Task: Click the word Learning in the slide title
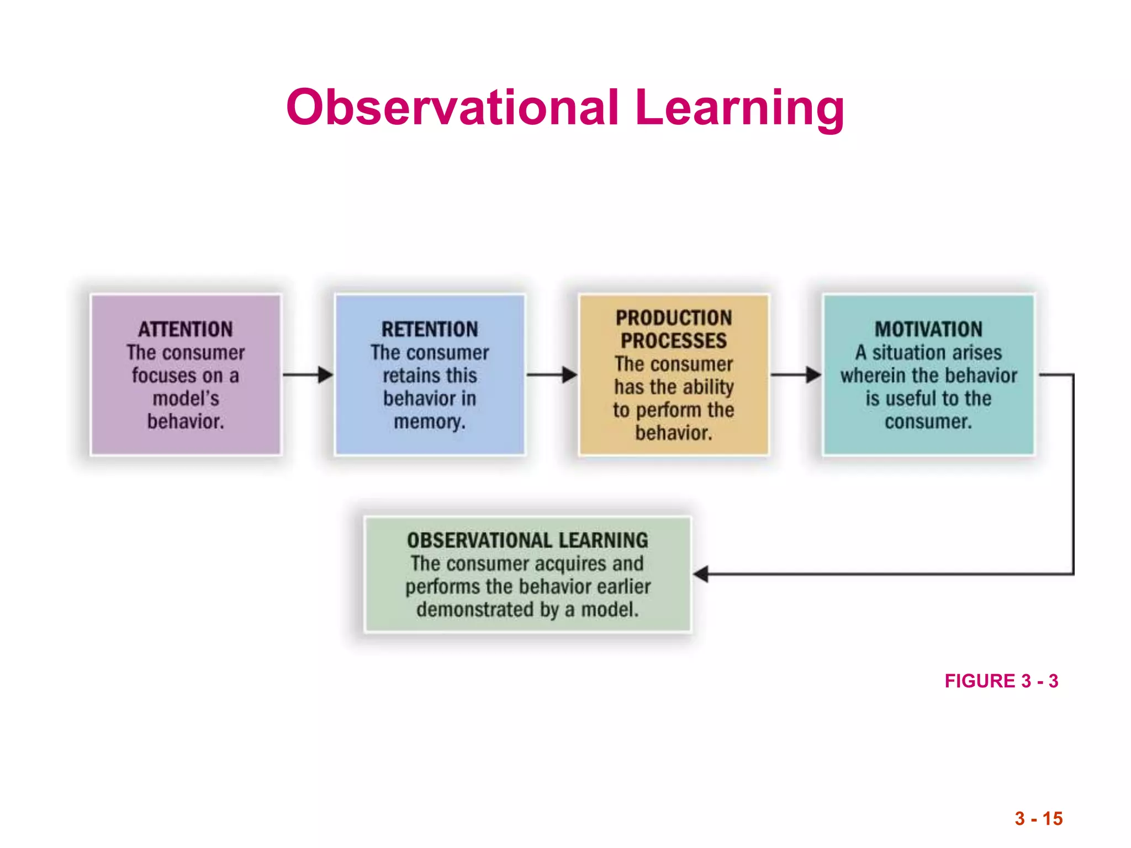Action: pos(739,108)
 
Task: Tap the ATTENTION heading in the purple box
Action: pos(186,330)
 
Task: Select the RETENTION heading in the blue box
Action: pos(430,330)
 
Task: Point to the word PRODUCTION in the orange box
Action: pos(674,318)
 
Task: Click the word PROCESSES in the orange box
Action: pos(674,341)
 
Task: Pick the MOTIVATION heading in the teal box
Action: pos(928,330)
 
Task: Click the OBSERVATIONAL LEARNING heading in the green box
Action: pos(527,540)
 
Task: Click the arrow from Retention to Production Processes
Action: pos(552,375)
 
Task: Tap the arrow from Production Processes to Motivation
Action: pos(796,375)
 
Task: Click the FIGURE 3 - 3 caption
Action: pos(1001,681)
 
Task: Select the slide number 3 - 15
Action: pos(1038,819)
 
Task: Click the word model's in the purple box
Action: pos(186,399)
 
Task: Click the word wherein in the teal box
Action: pos(873,376)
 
